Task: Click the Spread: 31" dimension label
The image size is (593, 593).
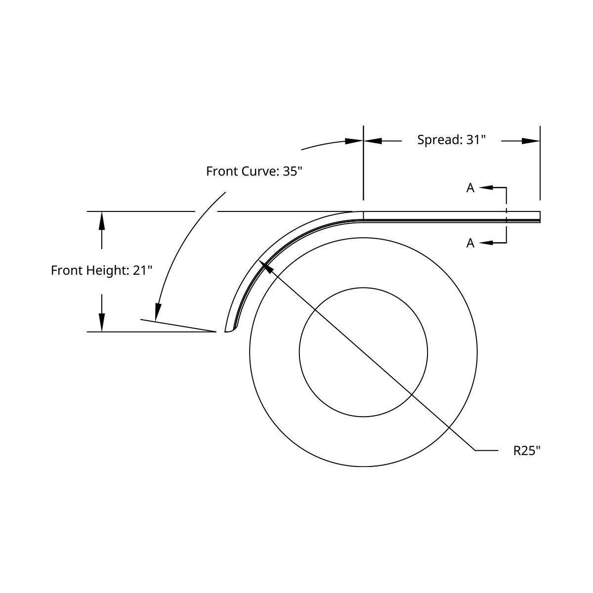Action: [452, 140]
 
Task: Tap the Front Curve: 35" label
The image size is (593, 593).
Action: [254, 171]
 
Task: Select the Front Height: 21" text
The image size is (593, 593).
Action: [101, 271]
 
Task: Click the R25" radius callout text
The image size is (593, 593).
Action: [527, 451]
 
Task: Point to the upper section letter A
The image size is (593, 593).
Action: [470, 188]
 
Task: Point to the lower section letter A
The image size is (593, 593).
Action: [470, 243]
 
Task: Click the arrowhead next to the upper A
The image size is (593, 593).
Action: [486, 188]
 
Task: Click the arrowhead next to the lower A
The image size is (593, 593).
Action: [486, 243]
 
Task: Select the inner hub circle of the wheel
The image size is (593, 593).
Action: [363, 288]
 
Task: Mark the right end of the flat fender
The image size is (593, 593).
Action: [539, 216]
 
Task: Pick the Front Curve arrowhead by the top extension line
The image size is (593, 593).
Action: [354, 141]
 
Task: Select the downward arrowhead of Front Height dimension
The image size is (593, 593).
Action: [102, 323]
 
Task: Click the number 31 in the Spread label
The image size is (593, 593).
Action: [473, 140]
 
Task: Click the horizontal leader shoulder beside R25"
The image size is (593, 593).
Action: [487, 451]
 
